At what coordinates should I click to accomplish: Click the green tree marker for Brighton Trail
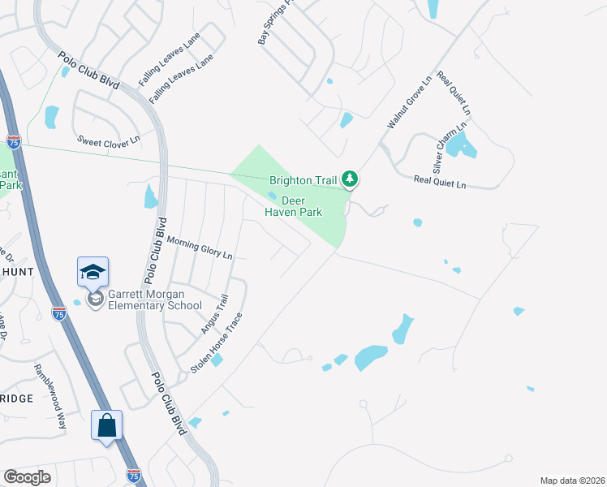coord(350,178)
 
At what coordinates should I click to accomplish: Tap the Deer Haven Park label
coord(293,206)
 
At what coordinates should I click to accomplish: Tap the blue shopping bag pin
coord(106,425)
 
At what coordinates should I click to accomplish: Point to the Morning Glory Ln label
coord(200,248)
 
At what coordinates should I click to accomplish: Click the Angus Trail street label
coord(215,315)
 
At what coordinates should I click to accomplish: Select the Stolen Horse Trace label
coord(217,343)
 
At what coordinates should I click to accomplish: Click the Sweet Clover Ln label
coord(109,139)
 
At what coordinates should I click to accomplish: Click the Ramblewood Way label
coord(50,396)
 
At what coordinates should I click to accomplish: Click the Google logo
coord(27,476)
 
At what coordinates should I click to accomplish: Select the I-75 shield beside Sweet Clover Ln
coord(13,141)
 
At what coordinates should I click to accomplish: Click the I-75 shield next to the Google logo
coord(134,473)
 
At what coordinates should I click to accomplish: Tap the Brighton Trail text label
coord(303,179)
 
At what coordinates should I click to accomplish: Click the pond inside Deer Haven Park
coord(272,195)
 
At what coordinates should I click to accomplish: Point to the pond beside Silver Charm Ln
coord(461,145)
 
